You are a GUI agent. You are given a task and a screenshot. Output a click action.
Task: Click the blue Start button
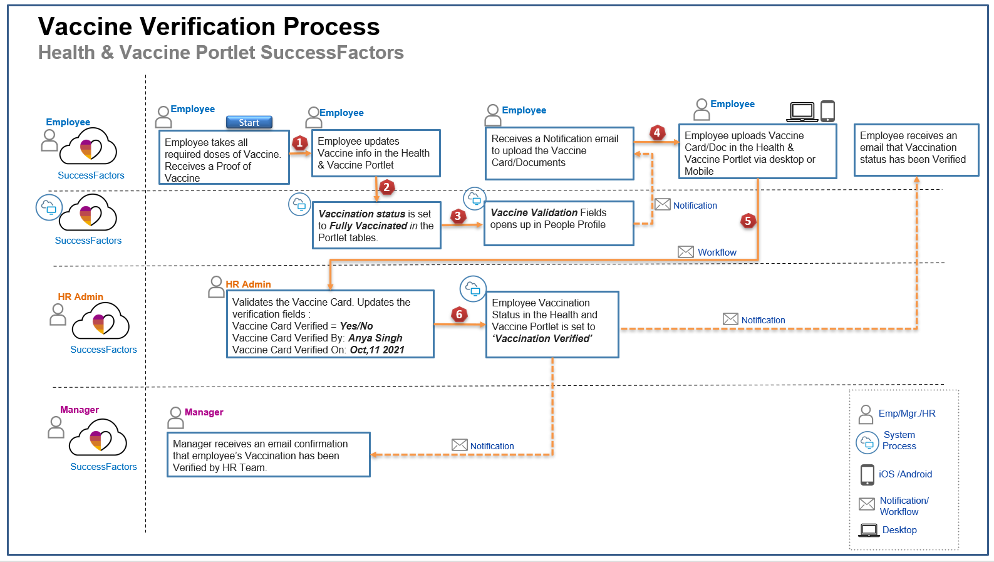point(249,123)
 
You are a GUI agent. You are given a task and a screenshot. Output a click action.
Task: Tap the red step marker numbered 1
point(299,143)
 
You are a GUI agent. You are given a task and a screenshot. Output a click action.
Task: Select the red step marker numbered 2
point(386,187)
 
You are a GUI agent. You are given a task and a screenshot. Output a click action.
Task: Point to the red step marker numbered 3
point(458,216)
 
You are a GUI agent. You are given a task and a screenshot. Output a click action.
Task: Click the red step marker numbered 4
point(657,132)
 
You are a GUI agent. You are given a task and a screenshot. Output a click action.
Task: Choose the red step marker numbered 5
point(748,221)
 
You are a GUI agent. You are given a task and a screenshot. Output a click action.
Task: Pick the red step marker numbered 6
point(459,315)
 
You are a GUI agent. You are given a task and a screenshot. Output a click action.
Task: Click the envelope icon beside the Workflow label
point(686,252)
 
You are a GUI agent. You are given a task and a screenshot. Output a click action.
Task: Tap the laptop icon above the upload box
point(802,112)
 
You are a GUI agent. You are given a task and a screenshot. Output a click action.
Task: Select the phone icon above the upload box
point(827,111)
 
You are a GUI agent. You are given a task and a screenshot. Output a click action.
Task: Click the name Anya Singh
point(375,338)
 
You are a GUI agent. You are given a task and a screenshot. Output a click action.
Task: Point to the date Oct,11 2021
point(377,350)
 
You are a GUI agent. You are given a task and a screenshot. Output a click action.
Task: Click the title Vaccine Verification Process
point(209,27)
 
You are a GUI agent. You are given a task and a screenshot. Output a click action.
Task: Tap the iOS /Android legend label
point(905,474)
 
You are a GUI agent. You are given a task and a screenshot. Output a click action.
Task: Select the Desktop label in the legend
point(899,530)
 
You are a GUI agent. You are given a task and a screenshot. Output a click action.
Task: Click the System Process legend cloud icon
point(867,442)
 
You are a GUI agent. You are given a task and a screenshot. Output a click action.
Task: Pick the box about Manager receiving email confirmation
point(269,455)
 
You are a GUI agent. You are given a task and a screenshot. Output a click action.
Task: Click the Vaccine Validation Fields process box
point(559,223)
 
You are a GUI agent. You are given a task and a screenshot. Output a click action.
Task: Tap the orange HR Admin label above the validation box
point(248,284)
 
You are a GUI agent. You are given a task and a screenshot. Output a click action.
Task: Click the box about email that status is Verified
point(916,150)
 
